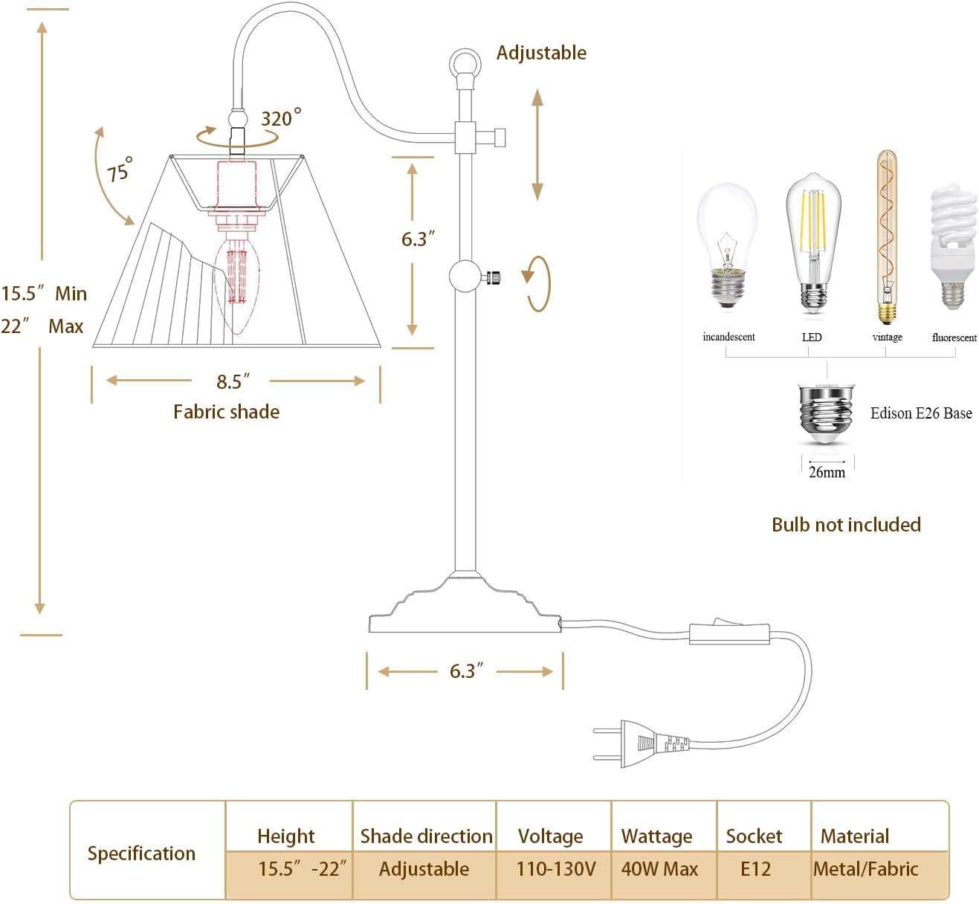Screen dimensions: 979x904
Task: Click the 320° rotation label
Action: click(281, 117)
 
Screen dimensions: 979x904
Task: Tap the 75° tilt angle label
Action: click(120, 169)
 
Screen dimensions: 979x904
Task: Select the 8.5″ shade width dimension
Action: click(233, 381)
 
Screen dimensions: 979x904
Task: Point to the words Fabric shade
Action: click(226, 412)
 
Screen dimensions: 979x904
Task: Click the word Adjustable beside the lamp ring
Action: click(541, 53)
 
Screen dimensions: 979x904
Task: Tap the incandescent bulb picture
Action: click(727, 245)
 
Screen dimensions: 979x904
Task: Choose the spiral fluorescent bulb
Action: click(954, 247)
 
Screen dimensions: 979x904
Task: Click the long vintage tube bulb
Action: click(886, 236)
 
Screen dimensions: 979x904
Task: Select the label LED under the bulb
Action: click(812, 338)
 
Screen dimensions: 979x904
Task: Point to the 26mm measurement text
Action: click(827, 472)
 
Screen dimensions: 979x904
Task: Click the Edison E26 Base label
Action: click(921, 413)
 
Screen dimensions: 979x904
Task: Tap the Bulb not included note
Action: click(846, 524)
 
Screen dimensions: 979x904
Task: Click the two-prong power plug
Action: click(641, 743)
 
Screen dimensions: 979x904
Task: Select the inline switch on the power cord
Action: click(729, 632)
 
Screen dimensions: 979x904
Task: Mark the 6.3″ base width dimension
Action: click(466, 671)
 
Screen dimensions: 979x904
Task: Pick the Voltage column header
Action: click(551, 836)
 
